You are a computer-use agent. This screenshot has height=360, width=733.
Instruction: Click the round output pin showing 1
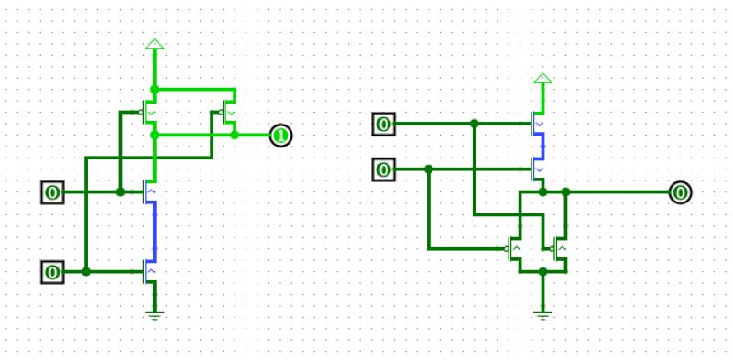[280, 136]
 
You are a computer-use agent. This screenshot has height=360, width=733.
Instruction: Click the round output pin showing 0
[680, 192]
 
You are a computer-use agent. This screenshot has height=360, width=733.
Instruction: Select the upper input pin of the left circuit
[53, 192]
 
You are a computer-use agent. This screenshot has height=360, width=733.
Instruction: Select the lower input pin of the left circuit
[53, 272]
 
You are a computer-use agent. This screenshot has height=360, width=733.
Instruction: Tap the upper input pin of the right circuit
[385, 124]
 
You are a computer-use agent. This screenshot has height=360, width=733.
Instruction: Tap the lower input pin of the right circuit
[385, 169]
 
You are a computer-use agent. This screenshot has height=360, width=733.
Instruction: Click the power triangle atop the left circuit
[154, 45]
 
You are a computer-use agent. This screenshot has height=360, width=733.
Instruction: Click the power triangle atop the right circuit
[542, 80]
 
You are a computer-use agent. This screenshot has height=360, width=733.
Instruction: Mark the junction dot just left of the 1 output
[235, 135]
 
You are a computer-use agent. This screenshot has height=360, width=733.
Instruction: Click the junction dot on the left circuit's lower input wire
[86, 272]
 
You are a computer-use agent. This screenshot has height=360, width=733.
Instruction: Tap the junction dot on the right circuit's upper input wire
[474, 123]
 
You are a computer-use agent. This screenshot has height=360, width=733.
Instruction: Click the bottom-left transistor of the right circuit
[514, 249]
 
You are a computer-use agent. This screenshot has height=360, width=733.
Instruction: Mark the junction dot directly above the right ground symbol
[542, 271]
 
